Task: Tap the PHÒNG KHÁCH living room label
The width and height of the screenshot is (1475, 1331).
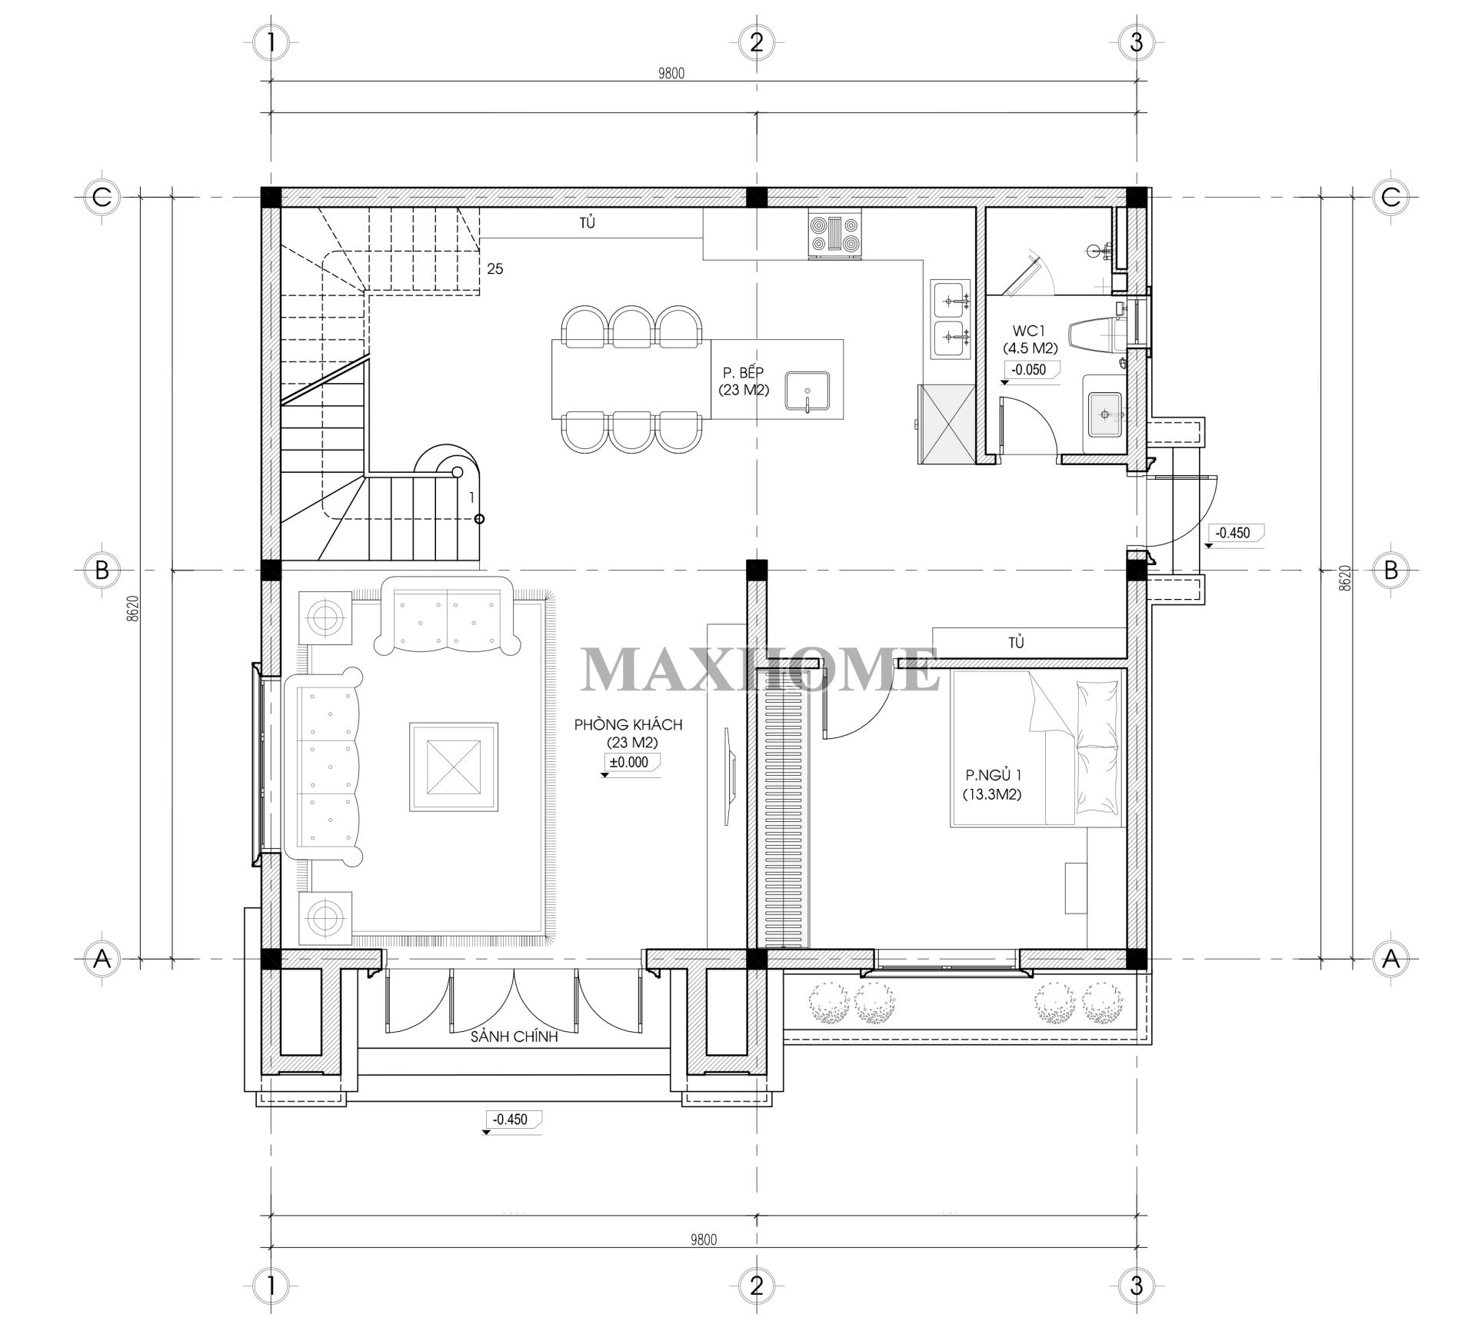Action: (x=628, y=734)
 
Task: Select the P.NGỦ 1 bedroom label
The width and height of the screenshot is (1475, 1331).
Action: (x=993, y=784)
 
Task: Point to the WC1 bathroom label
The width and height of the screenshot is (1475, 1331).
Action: (x=1030, y=338)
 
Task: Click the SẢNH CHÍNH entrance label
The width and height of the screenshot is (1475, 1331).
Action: (x=514, y=1037)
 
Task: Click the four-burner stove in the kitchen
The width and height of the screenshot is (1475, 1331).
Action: (x=834, y=235)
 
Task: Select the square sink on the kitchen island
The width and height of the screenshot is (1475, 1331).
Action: (x=807, y=392)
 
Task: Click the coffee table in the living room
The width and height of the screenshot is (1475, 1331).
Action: (x=454, y=766)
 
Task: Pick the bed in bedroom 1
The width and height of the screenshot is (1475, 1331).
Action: (x=1037, y=749)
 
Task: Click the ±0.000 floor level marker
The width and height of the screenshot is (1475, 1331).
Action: (x=628, y=763)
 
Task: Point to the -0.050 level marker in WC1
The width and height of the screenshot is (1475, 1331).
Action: (x=1029, y=370)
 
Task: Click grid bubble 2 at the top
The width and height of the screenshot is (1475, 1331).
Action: (x=756, y=42)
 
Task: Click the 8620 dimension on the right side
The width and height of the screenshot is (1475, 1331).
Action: (x=1344, y=577)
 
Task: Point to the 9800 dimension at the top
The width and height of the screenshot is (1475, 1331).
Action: (x=671, y=74)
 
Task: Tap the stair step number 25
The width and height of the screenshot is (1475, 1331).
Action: (x=495, y=269)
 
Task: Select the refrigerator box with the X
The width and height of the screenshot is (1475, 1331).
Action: (x=945, y=424)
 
